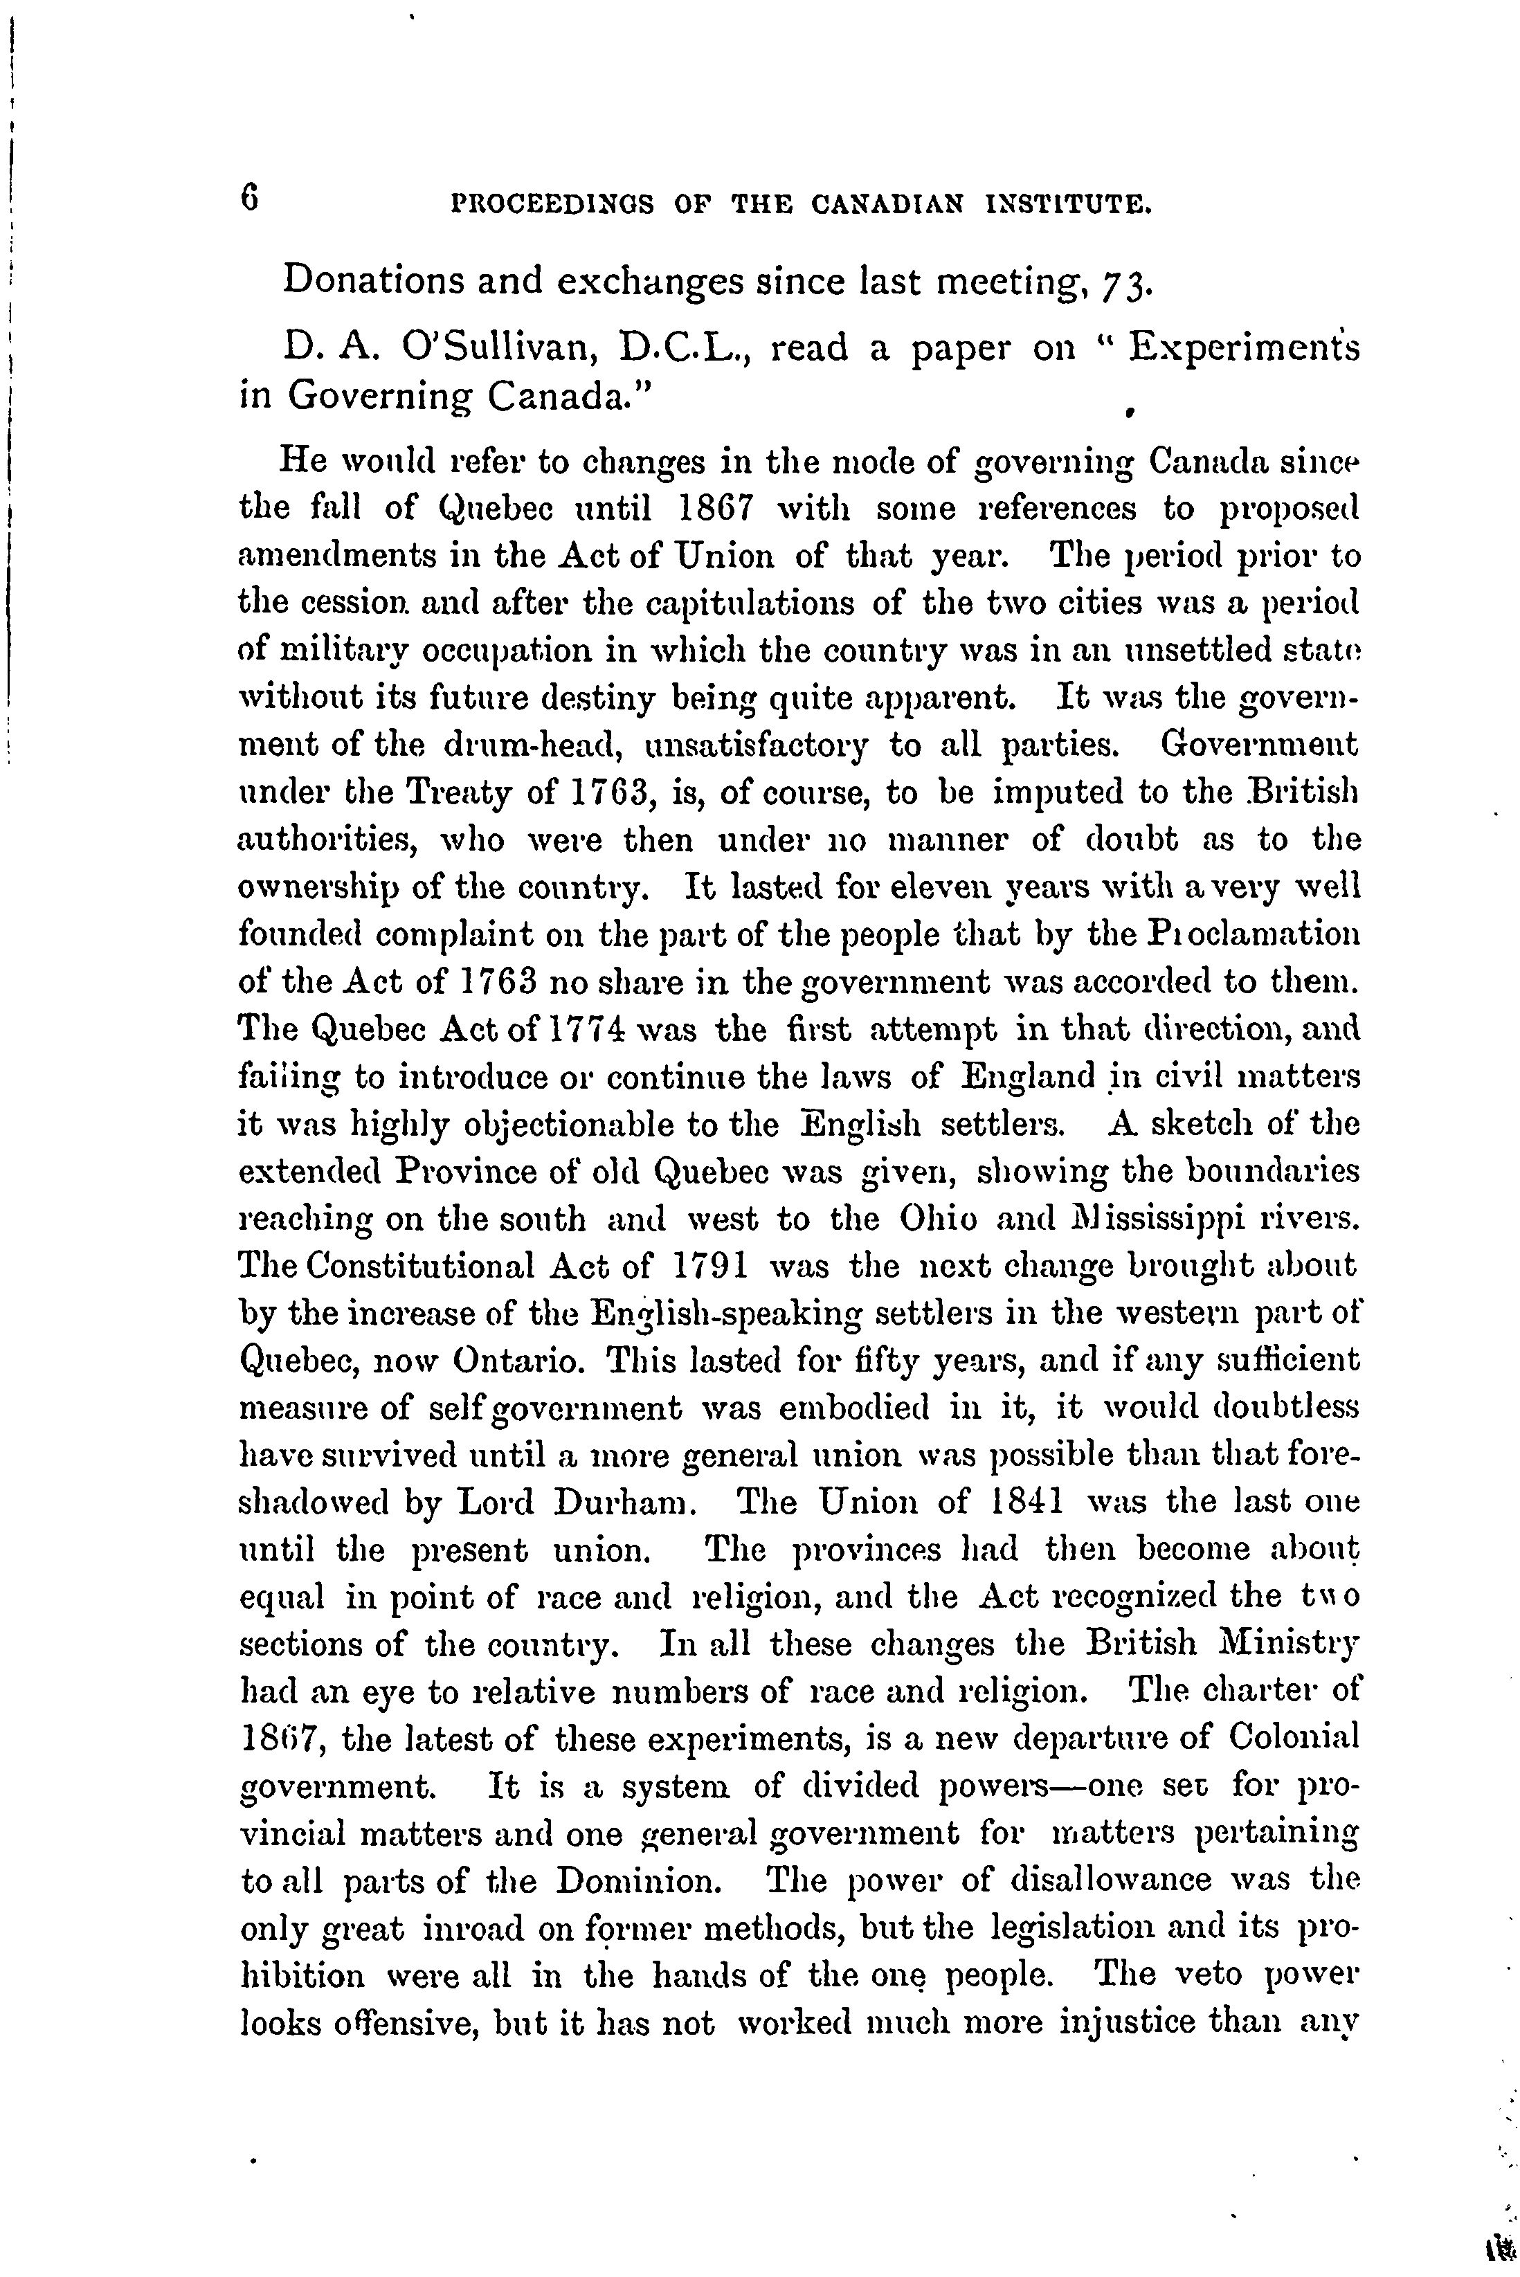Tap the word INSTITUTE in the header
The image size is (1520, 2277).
(x=1067, y=205)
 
